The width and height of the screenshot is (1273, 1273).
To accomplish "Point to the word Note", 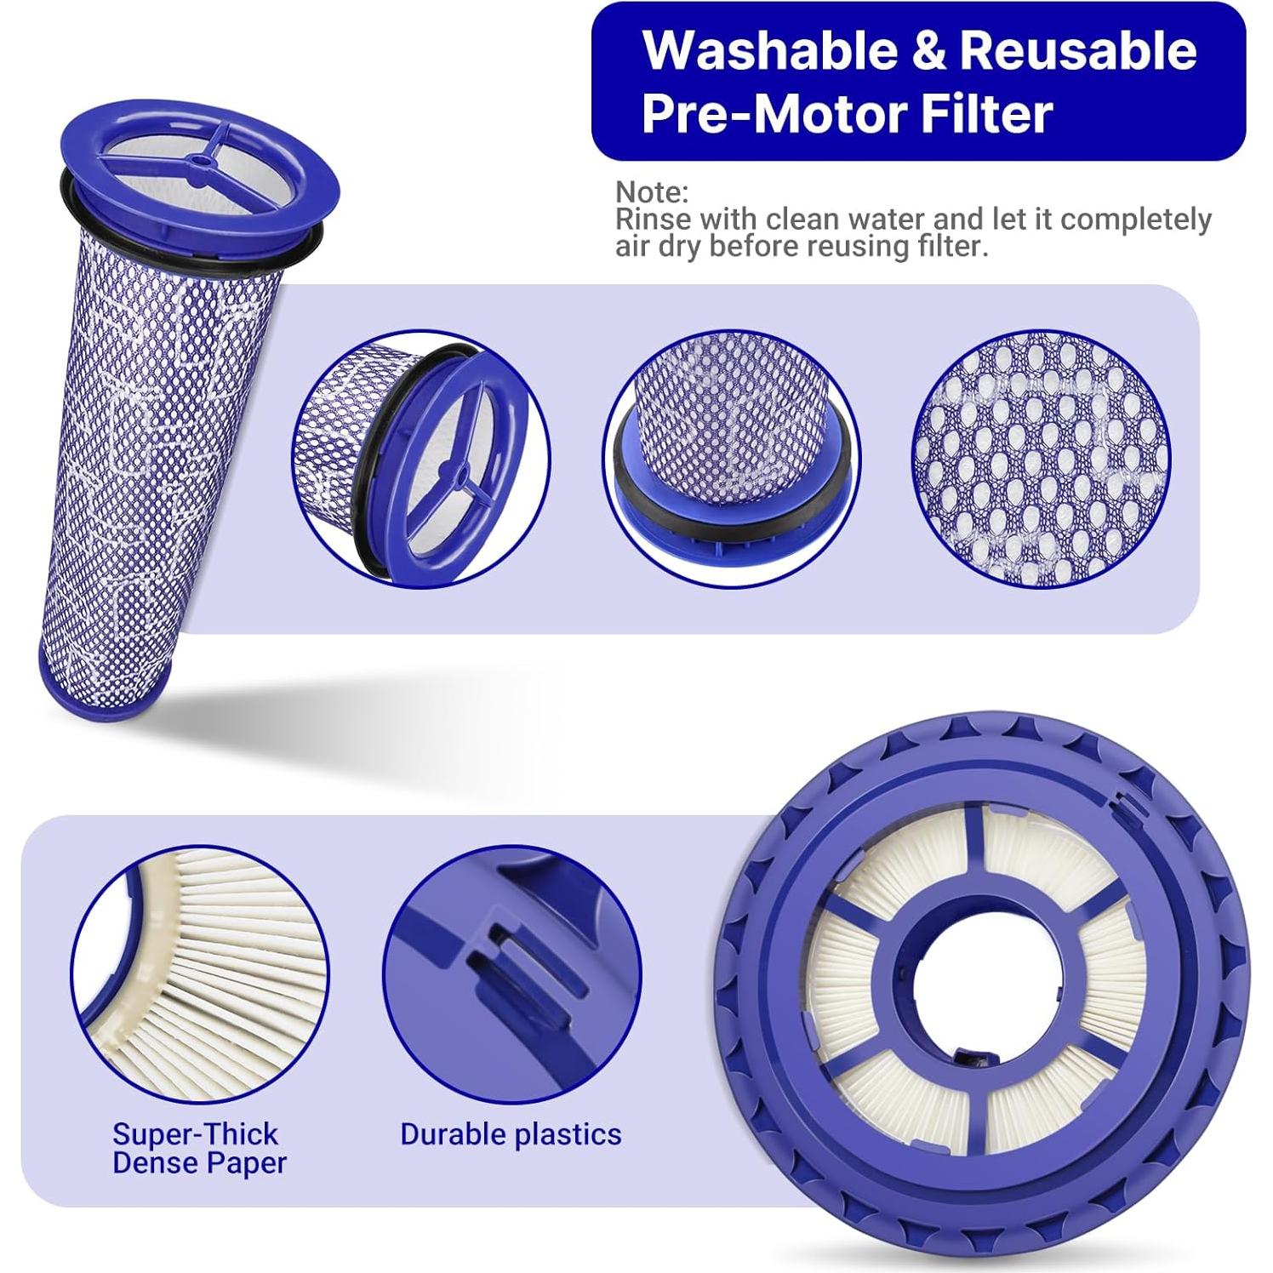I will tap(651, 191).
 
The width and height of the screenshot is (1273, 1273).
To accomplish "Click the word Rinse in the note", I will tap(653, 219).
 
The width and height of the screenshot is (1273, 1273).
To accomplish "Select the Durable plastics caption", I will tap(511, 1133).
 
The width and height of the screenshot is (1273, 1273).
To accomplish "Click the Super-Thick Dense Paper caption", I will tap(199, 1148).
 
